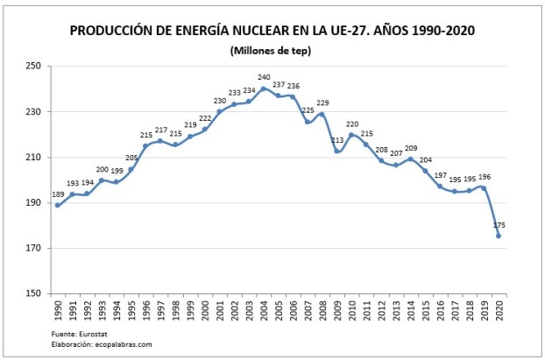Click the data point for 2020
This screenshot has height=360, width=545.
[499, 235]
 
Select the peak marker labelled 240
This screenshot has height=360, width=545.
[263, 88]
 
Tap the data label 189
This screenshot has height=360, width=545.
[58, 194]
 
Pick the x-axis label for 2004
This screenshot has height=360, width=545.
[264, 311]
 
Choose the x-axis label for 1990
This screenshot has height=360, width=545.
[58, 311]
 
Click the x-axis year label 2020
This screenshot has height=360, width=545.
[499, 311]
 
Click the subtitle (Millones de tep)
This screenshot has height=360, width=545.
[272, 50]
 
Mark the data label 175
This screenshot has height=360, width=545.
[499, 224]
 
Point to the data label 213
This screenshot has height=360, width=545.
[337, 139]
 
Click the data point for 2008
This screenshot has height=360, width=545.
[322, 114]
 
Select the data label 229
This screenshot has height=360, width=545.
[322, 103]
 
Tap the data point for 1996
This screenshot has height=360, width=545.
[145, 145]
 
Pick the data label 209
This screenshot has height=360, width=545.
[411, 148]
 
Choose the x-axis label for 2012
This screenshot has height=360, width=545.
[381, 311]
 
